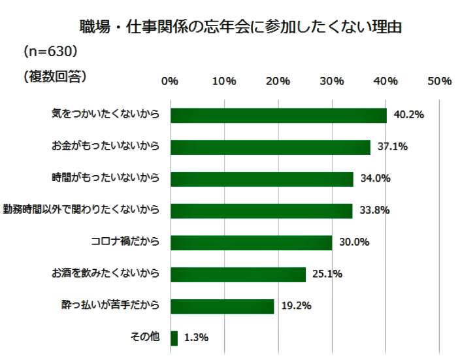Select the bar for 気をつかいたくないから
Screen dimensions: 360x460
[x=278, y=115]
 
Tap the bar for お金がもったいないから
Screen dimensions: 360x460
[x=270, y=147]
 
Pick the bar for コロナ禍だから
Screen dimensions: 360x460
[x=251, y=242]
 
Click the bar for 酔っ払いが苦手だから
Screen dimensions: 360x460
[x=222, y=306]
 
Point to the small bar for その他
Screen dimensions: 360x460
[x=174, y=338]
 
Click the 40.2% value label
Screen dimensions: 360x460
[x=409, y=115]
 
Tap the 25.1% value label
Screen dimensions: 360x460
[x=327, y=274]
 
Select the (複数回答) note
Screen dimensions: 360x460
[x=54, y=76]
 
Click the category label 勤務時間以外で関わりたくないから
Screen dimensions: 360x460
[x=82, y=210]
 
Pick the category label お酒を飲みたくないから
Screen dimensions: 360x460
[x=106, y=274]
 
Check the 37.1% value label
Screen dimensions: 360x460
[x=393, y=147]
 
